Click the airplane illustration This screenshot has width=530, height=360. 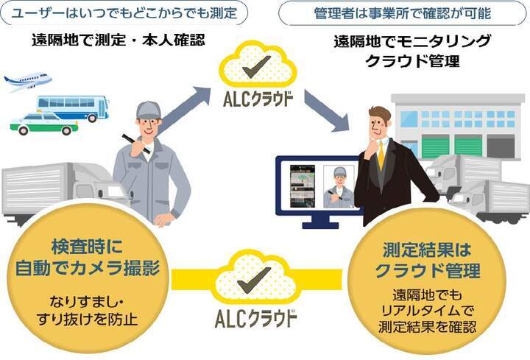[27, 81]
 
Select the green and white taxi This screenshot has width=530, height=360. [44, 124]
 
